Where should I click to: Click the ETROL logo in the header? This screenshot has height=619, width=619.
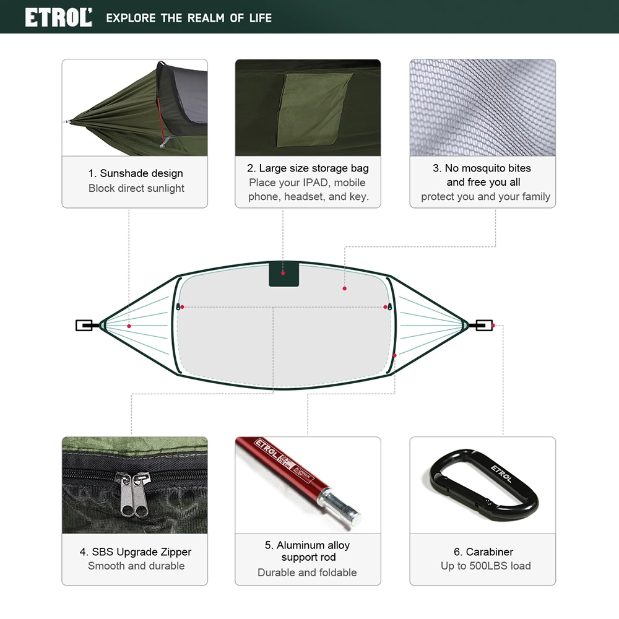pyautogui.click(x=58, y=17)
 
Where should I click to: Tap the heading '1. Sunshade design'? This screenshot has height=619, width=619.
pyautogui.click(x=136, y=173)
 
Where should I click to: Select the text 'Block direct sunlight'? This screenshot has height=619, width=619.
pyautogui.click(x=136, y=188)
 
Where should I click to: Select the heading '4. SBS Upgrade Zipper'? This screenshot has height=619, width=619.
pyautogui.click(x=136, y=552)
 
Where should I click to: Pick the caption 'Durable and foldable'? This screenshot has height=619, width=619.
pyautogui.click(x=307, y=573)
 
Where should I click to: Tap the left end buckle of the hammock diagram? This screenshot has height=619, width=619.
pyautogui.click(x=84, y=325)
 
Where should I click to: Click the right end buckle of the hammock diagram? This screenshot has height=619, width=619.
pyautogui.click(x=483, y=325)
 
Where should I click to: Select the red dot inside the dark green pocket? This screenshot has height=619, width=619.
pyautogui.click(x=283, y=272)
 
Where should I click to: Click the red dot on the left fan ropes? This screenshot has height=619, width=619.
pyautogui.click(x=129, y=326)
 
